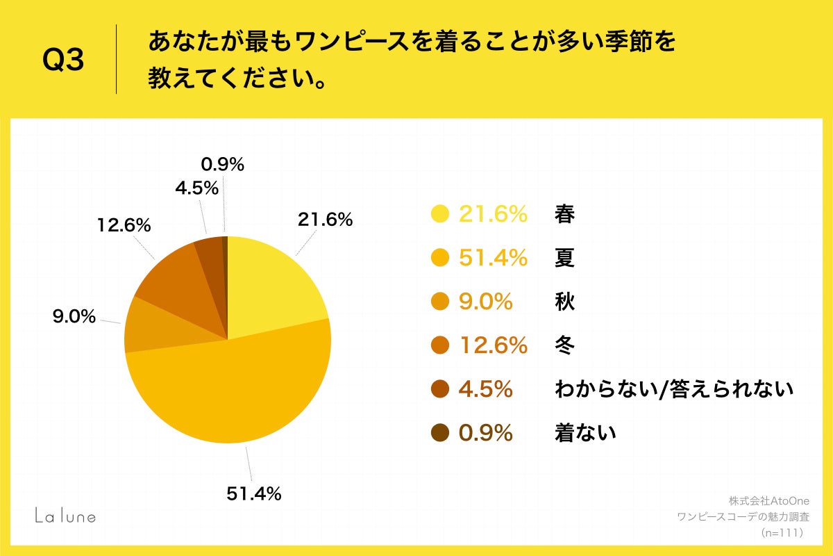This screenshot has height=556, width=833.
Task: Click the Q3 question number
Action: pos(63,62)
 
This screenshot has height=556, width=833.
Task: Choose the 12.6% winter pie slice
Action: pos(174,278)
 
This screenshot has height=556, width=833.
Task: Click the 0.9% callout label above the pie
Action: pos(222,165)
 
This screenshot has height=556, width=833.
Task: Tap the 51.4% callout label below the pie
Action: pos(253,494)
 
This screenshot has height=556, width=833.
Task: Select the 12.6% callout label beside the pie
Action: pos(125,226)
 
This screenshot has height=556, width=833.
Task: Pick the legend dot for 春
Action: pos(439,215)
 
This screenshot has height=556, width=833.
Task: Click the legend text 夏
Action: pos(564,259)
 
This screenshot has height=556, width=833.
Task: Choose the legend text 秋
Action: pos(564,302)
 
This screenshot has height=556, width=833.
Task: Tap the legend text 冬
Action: pos(564,345)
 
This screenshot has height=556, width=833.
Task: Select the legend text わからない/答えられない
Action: pos(673,389)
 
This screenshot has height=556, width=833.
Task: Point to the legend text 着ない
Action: pos(585,433)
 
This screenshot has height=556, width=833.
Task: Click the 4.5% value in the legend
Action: pos(485,389)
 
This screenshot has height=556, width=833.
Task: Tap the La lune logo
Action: pos(66,516)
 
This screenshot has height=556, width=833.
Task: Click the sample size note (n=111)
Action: pos(782,533)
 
